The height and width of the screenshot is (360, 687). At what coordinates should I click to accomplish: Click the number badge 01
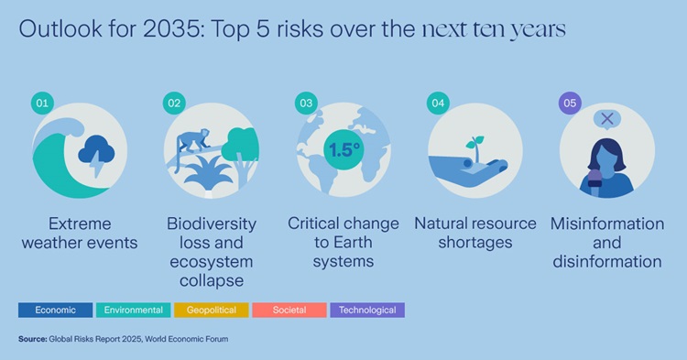pos(40,104)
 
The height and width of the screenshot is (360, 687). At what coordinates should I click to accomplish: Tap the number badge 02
pos(175,104)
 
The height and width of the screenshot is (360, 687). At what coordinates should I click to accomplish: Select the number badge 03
pos(306,104)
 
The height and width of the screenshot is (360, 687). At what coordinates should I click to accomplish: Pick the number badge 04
pos(438,104)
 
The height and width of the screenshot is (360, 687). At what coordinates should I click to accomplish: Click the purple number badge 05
pos(570,104)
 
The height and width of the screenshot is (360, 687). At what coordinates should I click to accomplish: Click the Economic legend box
pos(55,310)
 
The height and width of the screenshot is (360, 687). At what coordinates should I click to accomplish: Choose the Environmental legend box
pos(133,310)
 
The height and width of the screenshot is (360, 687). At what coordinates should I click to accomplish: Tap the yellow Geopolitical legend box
pos(211,310)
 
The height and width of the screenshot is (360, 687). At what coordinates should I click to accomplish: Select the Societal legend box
pos(289,310)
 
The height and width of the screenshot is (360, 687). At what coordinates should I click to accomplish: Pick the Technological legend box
pos(366,310)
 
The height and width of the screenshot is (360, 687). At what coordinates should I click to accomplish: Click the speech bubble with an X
pos(605,119)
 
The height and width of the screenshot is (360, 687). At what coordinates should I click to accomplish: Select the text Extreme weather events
pos(80,233)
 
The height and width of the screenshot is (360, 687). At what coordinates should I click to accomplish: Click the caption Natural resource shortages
pos(474,233)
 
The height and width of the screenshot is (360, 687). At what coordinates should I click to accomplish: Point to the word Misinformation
pos(606,224)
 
